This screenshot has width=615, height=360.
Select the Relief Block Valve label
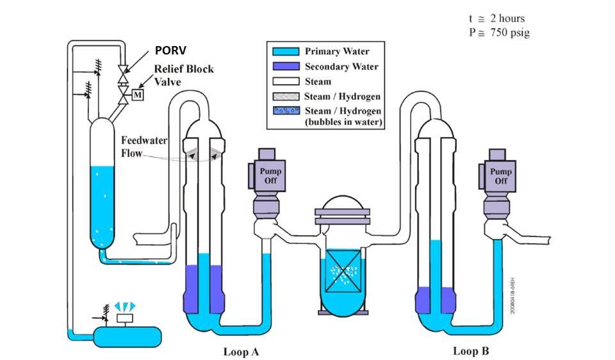(183, 75)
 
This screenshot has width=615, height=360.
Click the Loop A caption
(241, 351)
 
